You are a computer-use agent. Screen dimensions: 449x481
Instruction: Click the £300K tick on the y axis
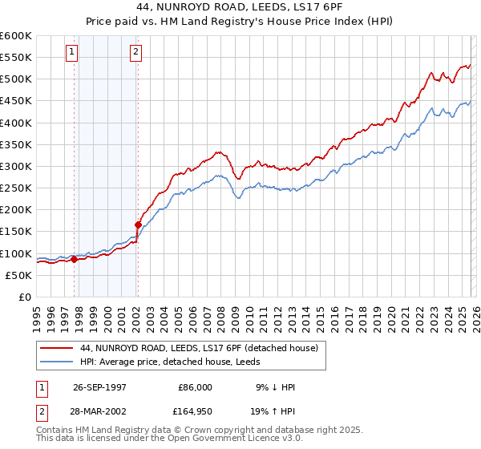coord(16,166)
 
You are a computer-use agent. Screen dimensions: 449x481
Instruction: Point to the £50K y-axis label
coord(18,275)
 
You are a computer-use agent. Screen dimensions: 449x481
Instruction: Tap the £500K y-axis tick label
coord(16,79)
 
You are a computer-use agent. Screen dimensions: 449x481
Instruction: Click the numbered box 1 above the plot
coord(72,53)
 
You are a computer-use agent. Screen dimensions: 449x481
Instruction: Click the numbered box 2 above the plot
coord(136,53)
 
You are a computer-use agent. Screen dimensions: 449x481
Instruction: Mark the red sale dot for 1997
coord(75,259)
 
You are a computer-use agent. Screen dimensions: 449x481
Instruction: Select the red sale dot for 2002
coord(138,224)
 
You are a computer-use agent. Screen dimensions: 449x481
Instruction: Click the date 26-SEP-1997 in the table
coord(100,387)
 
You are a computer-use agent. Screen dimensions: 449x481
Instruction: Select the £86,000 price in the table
coord(195,387)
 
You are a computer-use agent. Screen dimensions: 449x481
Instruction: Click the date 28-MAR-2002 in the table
coord(100,410)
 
